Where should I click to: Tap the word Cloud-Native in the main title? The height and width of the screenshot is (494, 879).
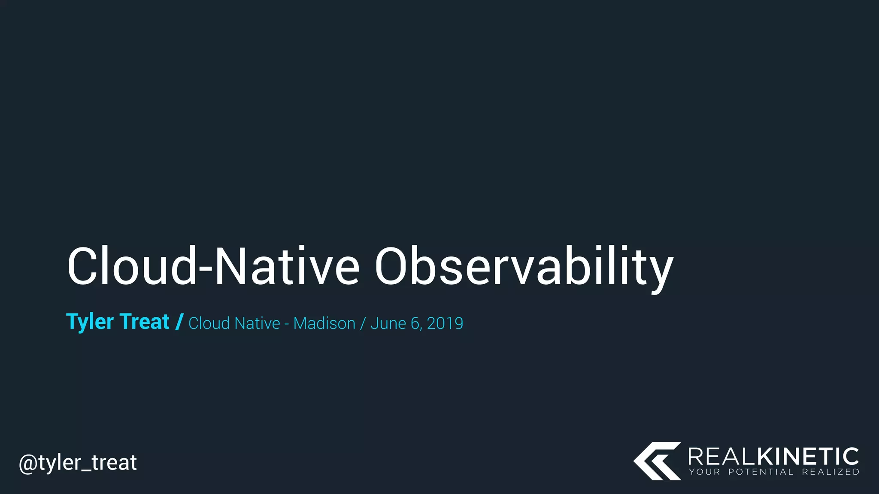[213, 267]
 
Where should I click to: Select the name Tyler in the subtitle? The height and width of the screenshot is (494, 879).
[90, 322]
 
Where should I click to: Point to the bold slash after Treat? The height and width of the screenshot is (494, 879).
[179, 322]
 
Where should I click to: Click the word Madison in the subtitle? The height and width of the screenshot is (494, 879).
[324, 323]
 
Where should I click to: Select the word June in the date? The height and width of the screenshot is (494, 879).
[388, 323]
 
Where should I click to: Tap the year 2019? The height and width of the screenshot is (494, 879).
[445, 323]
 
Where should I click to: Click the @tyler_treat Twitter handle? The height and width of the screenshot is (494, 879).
[78, 463]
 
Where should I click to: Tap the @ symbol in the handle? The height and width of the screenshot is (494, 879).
[28, 463]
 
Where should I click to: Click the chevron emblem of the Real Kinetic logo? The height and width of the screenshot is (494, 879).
[657, 461]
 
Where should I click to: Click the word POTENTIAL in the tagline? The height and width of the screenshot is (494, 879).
[761, 472]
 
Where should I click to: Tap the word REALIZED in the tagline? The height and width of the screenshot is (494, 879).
[831, 472]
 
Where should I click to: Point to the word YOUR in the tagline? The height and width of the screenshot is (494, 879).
[704, 472]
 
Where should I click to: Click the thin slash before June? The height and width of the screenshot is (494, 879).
[363, 323]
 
